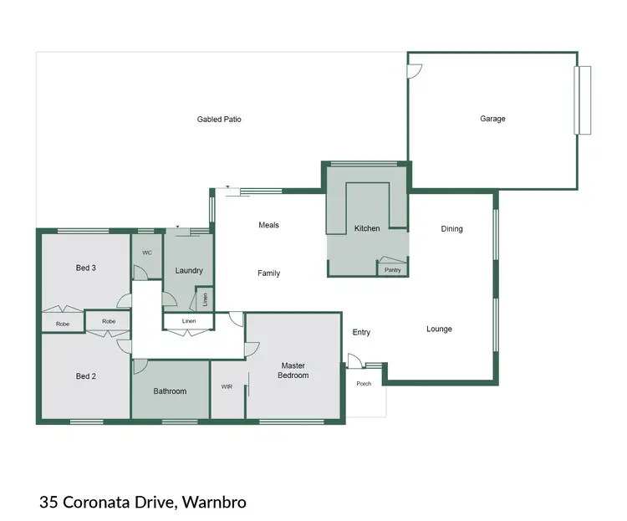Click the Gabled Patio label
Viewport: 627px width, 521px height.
(x=219, y=120)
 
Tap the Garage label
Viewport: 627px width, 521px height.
(x=492, y=119)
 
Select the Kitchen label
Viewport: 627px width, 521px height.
(x=367, y=228)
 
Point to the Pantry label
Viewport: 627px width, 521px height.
(x=392, y=270)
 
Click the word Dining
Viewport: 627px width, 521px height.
(x=451, y=228)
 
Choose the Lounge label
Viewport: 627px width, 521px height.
(x=439, y=329)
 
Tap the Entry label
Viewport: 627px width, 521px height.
(x=361, y=332)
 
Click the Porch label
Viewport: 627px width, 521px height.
(x=364, y=384)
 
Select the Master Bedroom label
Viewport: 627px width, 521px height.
(x=294, y=370)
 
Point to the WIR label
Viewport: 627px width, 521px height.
(x=227, y=387)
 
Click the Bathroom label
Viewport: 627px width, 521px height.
(x=170, y=391)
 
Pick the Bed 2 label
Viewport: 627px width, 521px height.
(x=86, y=376)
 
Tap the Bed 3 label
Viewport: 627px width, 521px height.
(x=86, y=268)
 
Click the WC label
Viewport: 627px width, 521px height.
(x=146, y=252)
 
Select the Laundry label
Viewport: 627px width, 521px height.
(x=189, y=270)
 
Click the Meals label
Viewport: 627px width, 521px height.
(x=268, y=225)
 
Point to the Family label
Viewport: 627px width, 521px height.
(x=268, y=273)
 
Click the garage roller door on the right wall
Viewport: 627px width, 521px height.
(x=582, y=100)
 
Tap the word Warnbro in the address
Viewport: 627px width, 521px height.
(x=215, y=503)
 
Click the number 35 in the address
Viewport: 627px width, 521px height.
(x=48, y=503)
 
